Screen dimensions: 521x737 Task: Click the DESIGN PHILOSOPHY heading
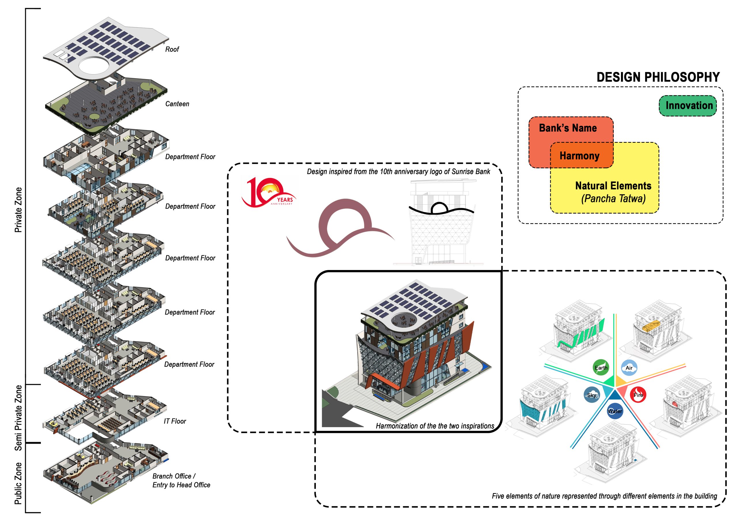[x=658, y=77]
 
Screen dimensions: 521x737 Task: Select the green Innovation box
[x=687, y=106]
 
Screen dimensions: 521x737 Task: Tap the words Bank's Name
[x=567, y=128]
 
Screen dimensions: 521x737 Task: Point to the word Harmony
[x=580, y=156]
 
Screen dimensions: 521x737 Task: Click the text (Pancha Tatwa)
[x=613, y=199]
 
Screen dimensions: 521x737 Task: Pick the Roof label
[x=172, y=50]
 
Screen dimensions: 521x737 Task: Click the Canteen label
[x=177, y=104]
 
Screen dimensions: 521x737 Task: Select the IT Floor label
[x=175, y=421]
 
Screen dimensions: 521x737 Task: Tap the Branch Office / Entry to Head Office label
[x=181, y=480]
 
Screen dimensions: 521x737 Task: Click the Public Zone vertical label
[x=18, y=483]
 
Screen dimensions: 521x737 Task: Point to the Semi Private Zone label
[x=18, y=418]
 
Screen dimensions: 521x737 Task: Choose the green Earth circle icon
[x=601, y=368]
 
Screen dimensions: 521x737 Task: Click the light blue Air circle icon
[x=629, y=368]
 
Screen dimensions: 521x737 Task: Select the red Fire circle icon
[x=638, y=395]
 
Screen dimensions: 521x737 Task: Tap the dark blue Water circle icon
[x=615, y=411]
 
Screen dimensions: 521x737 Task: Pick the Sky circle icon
[x=592, y=395]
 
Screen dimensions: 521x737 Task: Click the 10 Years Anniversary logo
[x=269, y=193]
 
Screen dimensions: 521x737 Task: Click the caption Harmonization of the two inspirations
[x=435, y=426]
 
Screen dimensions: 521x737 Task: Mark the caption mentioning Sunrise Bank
[x=398, y=172]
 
